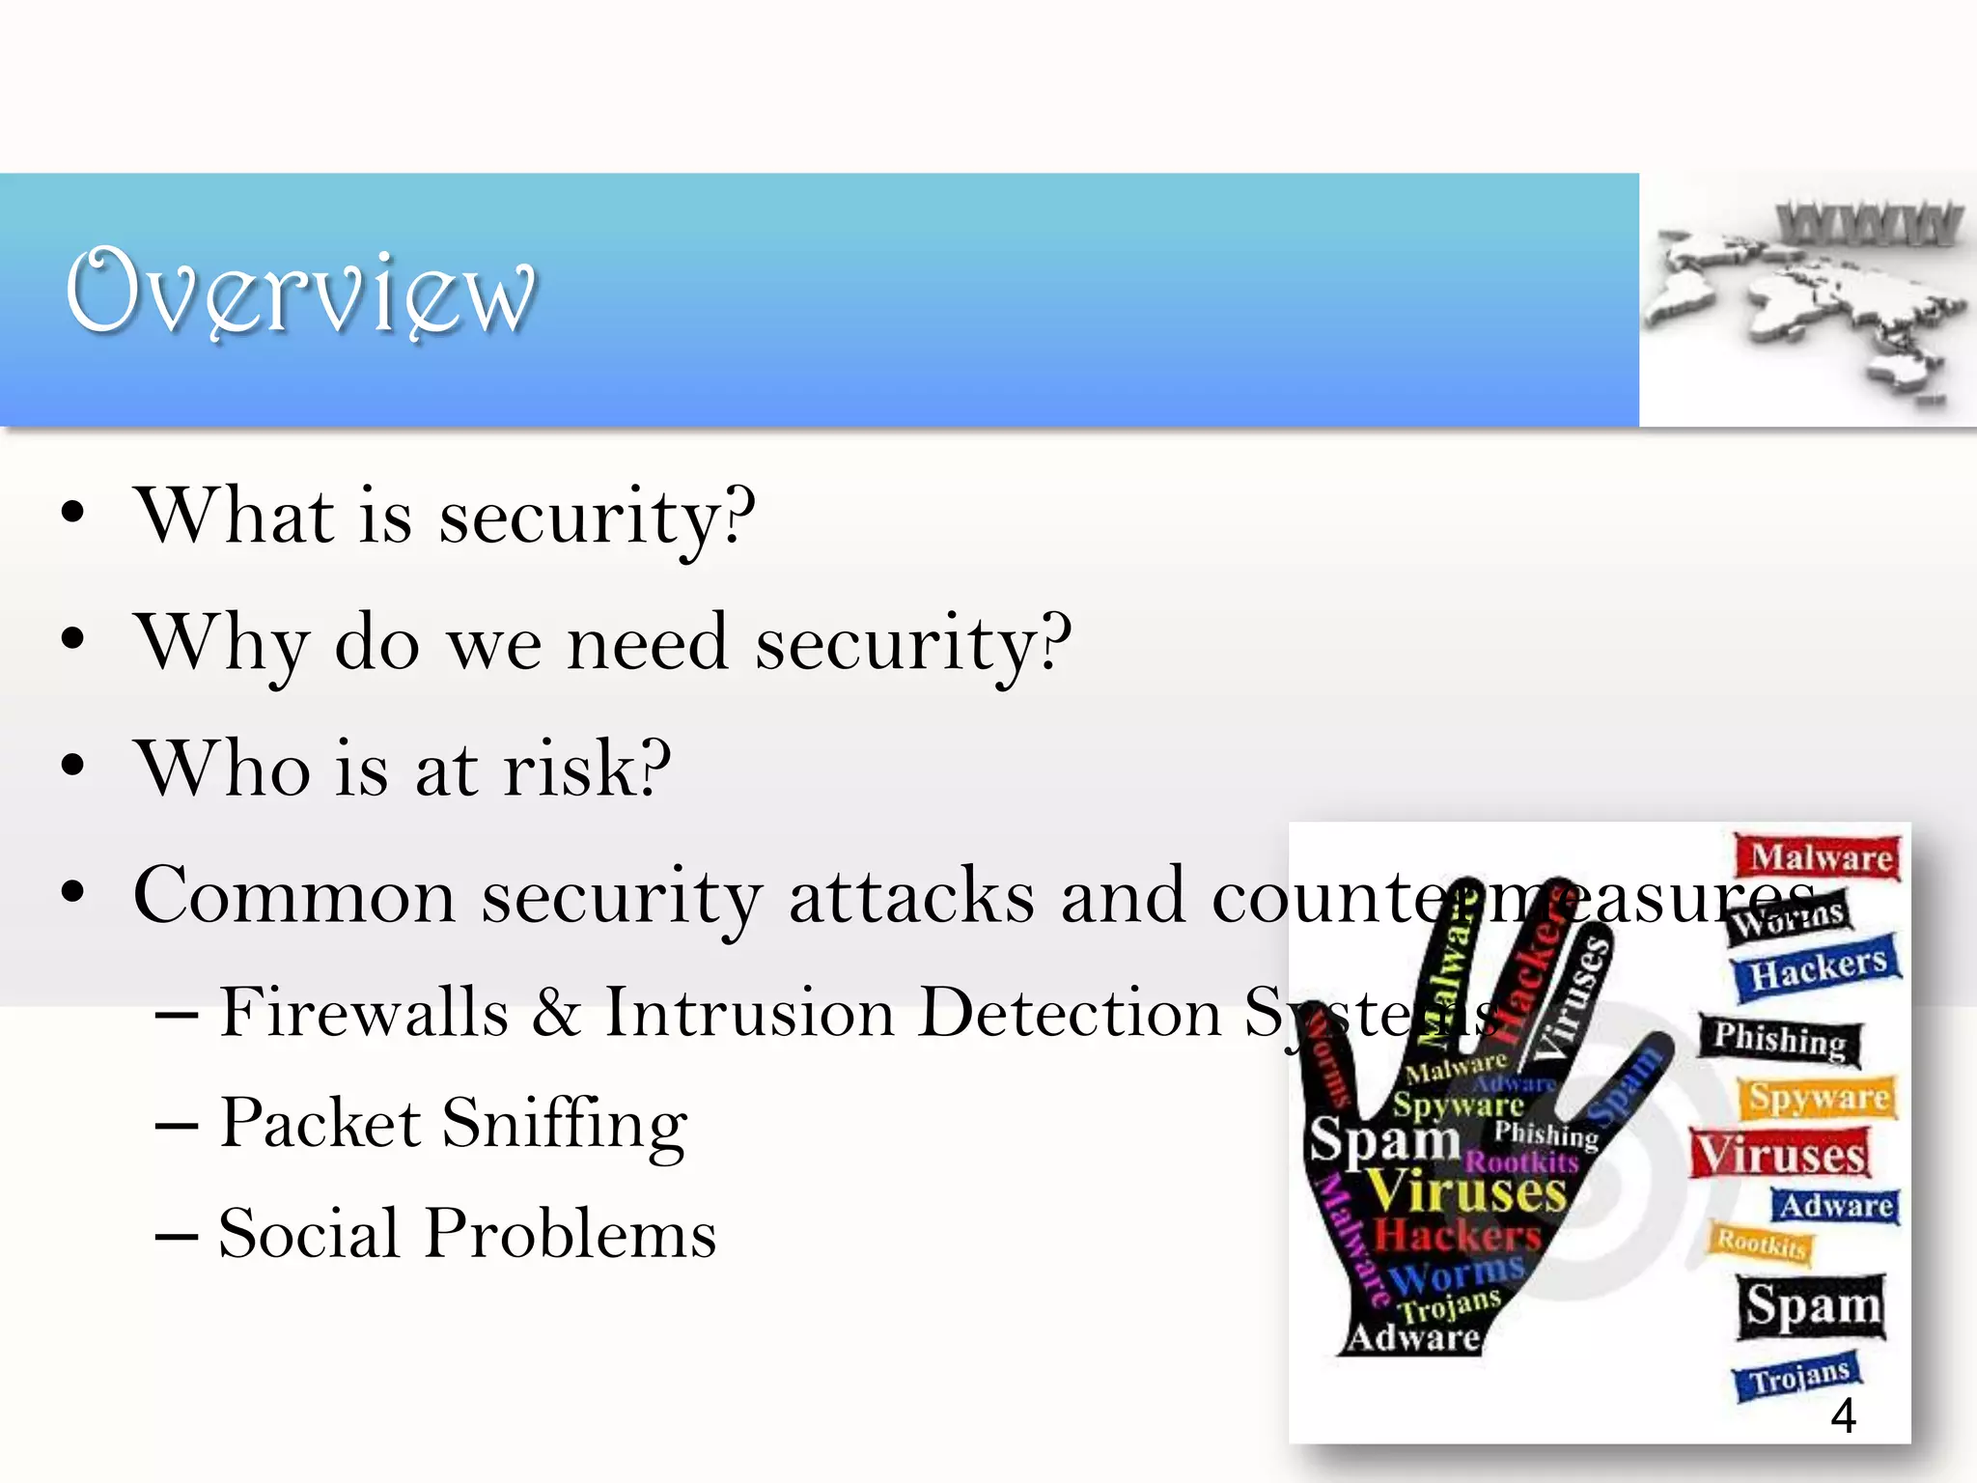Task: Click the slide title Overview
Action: pyautogui.click(x=299, y=292)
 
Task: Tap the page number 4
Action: pyautogui.click(x=1843, y=1415)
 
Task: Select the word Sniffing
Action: pyautogui.click(x=565, y=1125)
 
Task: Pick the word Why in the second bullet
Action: pyautogui.click(x=223, y=644)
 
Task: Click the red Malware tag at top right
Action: pyautogui.click(x=1820, y=857)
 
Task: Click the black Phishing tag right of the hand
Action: pyautogui.click(x=1780, y=1040)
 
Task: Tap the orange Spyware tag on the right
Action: pyautogui.click(x=1819, y=1098)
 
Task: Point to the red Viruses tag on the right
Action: pyautogui.click(x=1780, y=1154)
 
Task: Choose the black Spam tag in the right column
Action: pyautogui.click(x=1812, y=1306)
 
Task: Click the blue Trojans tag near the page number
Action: pyautogui.click(x=1798, y=1376)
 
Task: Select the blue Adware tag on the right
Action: pyautogui.click(x=1835, y=1206)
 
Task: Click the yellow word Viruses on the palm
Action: pyautogui.click(x=1466, y=1192)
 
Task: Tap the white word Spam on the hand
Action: pyautogui.click(x=1383, y=1139)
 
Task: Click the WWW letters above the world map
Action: pyautogui.click(x=1868, y=223)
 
